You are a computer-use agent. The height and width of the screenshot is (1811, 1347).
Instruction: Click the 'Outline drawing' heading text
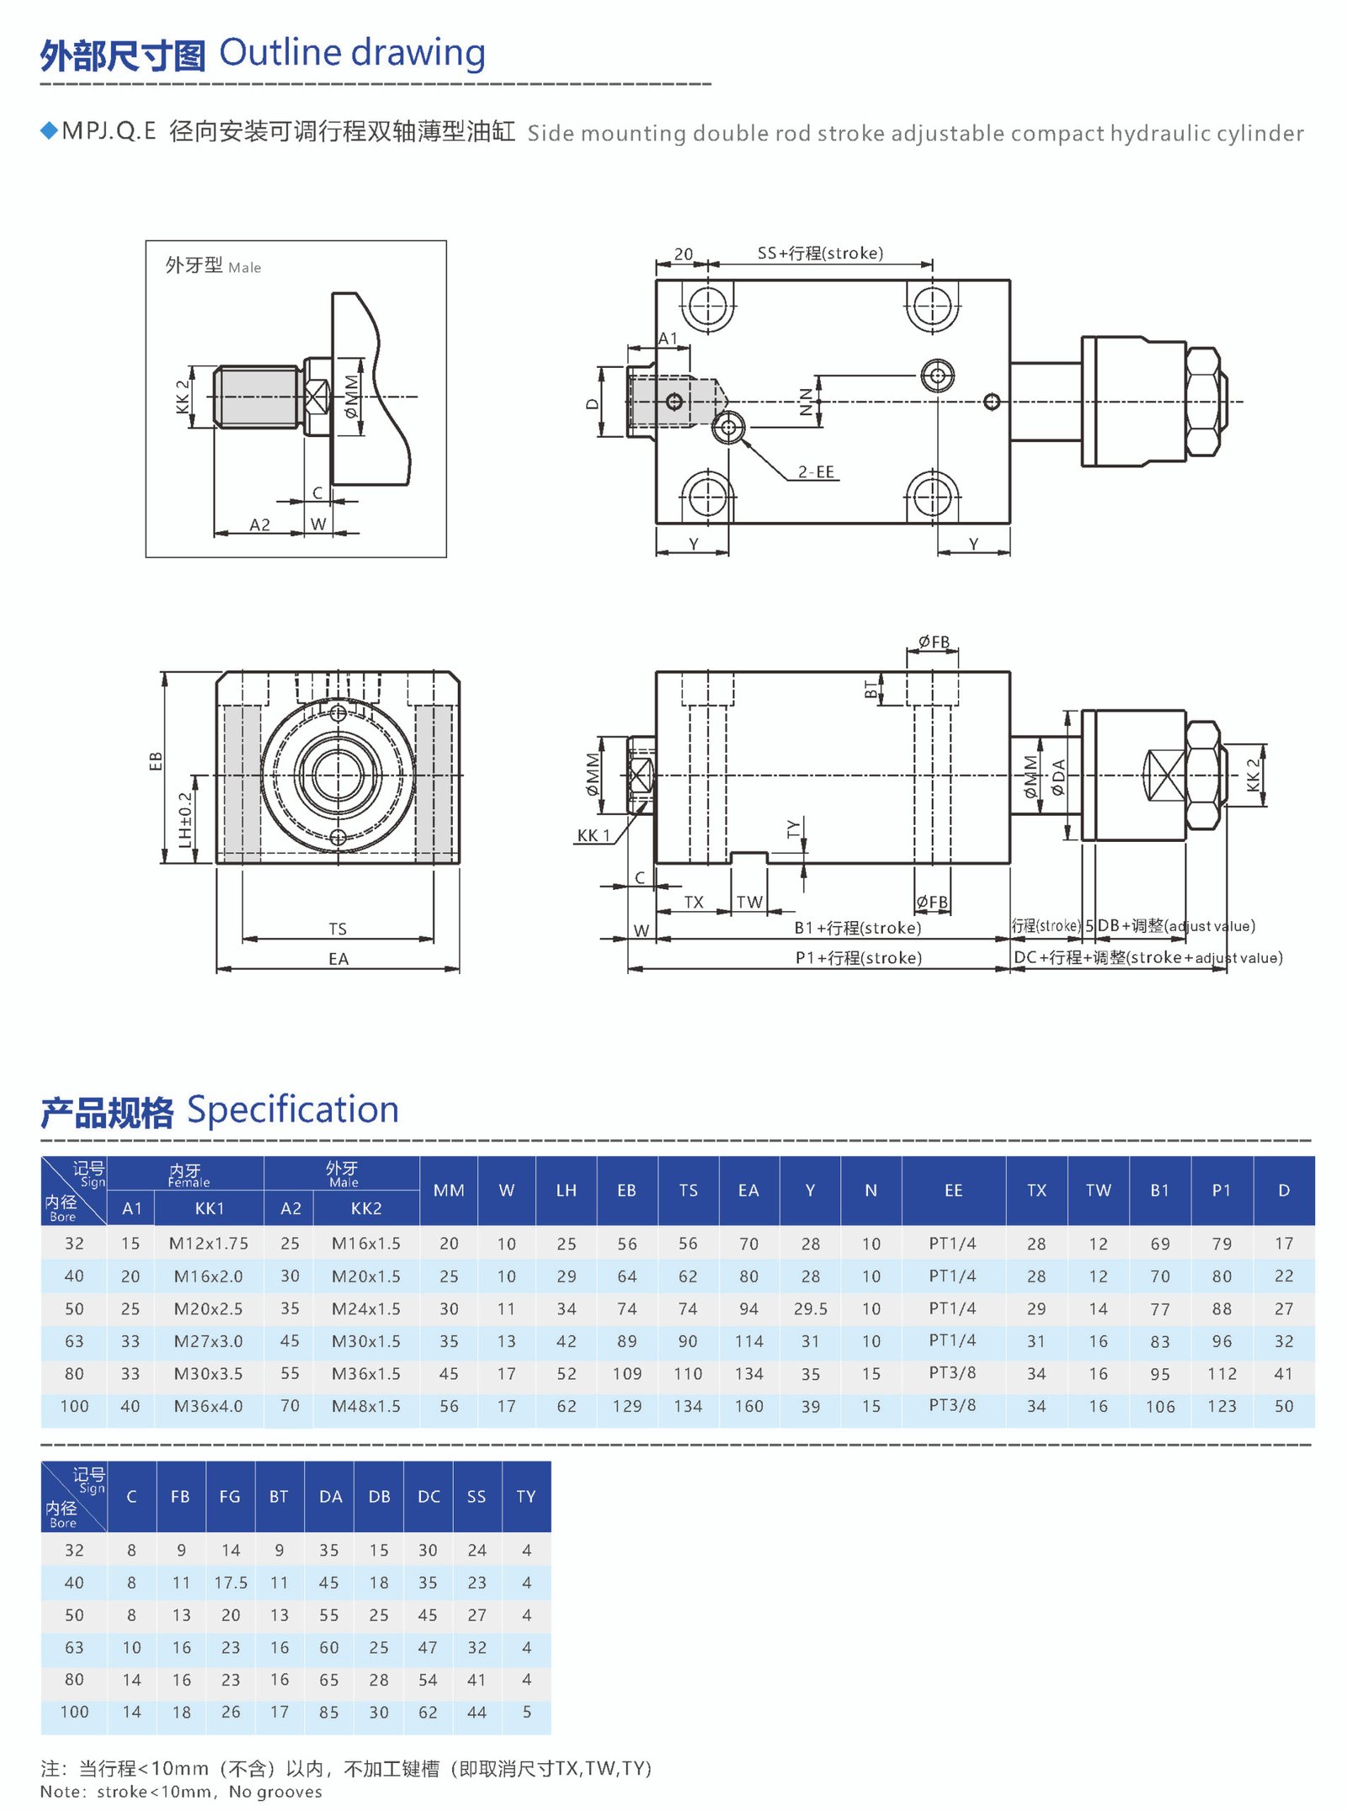pyautogui.click(x=352, y=53)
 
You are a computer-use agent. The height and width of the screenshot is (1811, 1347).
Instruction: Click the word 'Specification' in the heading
pyautogui.click(x=292, y=1110)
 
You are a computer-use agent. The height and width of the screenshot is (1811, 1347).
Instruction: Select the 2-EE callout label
pyautogui.click(x=816, y=472)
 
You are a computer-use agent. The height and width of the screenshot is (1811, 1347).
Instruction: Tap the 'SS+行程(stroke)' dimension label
pyautogui.click(x=820, y=253)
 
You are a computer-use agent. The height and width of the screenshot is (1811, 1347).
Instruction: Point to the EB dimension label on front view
pyautogui.click(x=156, y=761)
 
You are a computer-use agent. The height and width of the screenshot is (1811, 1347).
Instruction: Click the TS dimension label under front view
pyautogui.click(x=338, y=929)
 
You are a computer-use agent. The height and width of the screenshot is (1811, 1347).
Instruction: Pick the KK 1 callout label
pyautogui.click(x=593, y=835)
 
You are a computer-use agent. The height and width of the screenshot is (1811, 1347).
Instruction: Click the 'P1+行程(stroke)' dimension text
pyautogui.click(x=858, y=958)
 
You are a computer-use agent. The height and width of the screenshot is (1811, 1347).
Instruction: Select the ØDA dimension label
pyautogui.click(x=1058, y=776)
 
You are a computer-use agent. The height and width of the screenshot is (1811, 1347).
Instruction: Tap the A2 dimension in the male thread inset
pyautogui.click(x=260, y=525)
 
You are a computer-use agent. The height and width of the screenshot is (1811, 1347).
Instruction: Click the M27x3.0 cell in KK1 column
pyautogui.click(x=208, y=1341)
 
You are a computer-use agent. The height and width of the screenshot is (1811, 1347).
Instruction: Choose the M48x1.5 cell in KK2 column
pyautogui.click(x=365, y=1406)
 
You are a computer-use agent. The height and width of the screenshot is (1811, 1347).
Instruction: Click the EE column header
pyautogui.click(x=953, y=1190)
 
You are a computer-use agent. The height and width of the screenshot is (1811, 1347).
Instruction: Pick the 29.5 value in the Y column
pyautogui.click(x=810, y=1309)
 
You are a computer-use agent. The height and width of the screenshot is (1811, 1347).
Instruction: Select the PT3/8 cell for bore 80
pyautogui.click(x=952, y=1373)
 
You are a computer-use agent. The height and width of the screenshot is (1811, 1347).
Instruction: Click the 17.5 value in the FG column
pyautogui.click(x=231, y=1583)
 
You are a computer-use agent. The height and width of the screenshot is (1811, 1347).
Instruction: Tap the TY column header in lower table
pyautogui.click(x=526, y=1497)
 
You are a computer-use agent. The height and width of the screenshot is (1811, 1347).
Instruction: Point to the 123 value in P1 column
pyautogui.click(x=1222, y=1406)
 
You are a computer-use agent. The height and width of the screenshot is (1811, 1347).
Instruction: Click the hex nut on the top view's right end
pyautogui.click(x=1205, y=402)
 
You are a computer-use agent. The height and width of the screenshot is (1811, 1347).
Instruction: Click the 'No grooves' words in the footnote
pyautogui.click(x=275, y=1792)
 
